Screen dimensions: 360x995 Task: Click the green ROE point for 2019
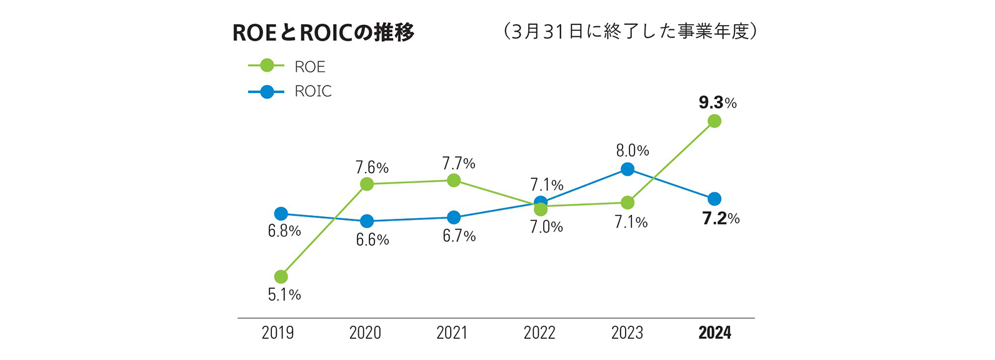point(281,277)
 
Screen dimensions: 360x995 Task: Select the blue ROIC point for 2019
point(281,214)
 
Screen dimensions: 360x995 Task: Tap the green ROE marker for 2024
point(714,121)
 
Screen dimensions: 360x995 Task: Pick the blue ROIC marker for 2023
point(627,169)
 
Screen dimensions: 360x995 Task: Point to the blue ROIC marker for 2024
point(714,199)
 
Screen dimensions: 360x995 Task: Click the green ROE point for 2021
point(454,181)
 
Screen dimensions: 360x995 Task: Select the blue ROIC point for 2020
point(367,221)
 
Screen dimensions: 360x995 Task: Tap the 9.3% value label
point(717,102)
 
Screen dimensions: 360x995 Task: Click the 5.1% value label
point(284,294)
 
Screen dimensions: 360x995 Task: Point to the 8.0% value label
point(632,151)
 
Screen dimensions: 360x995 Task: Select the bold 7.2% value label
point(721,219)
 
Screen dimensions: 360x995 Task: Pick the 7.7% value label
point(459,164)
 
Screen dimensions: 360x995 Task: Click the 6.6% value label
point(372,239)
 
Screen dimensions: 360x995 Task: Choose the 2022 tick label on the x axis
point(539,332)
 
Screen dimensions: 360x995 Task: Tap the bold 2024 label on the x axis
point(714,332)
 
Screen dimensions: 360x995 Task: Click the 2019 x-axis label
point(277,332)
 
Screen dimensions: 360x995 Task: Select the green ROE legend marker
point(267,66)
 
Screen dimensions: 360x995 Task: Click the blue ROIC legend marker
point(267,91)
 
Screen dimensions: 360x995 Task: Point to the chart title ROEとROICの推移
point(323,32)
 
